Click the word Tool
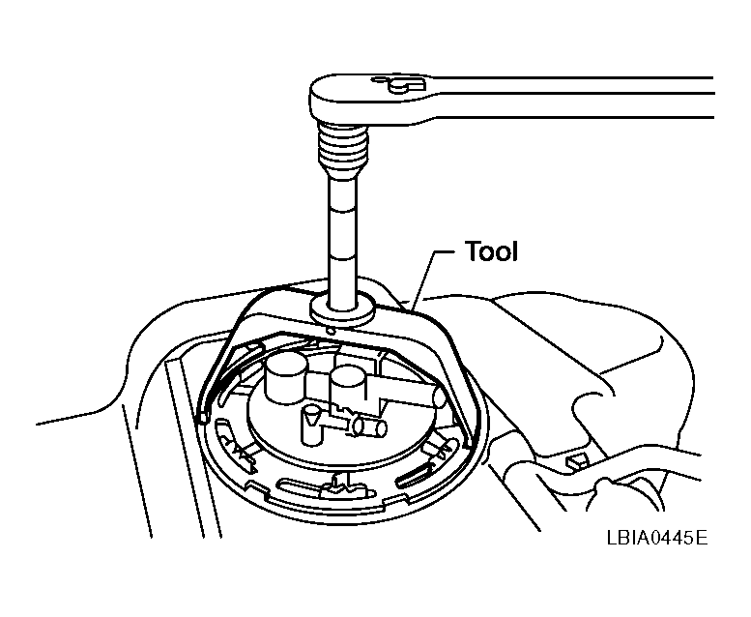(x=491, y=251)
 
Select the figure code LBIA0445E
(x=657, y=538)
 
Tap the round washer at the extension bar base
(x=342, y=309)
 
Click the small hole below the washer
(x=330, y=331)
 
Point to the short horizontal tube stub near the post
(x=369, y=426)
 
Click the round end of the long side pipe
(x=440, y=397)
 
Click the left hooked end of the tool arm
(x=203, y=416)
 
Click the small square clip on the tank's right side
(x=577, y=461)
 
